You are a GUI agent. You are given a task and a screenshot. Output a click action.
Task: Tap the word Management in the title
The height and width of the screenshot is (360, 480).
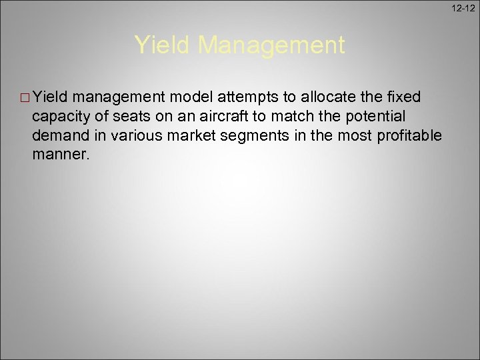tap(272, 45)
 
